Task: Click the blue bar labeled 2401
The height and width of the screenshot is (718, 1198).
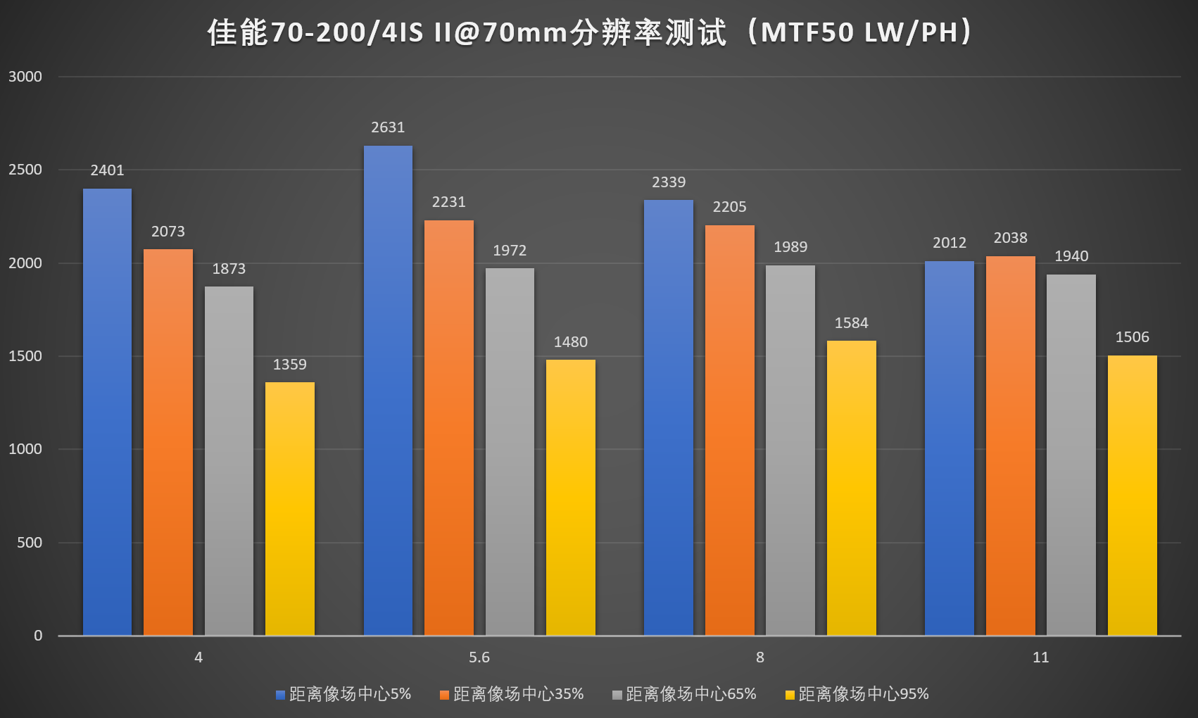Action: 107,412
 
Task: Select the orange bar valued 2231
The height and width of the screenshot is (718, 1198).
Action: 449,428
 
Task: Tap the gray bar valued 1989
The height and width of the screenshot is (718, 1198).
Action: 790,451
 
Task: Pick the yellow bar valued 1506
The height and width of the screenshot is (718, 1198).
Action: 1132,496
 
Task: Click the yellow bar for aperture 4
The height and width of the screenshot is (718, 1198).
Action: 290,509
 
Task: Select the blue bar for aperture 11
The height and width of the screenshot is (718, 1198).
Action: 950,448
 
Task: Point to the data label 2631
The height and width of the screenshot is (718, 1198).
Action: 388,127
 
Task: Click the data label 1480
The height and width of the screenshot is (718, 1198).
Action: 570,342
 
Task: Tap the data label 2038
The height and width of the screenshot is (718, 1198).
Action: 1010,238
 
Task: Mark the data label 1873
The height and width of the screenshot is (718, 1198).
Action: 229,269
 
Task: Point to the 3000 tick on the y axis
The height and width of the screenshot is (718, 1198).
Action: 25,77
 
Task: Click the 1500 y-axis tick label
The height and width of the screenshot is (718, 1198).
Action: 25,356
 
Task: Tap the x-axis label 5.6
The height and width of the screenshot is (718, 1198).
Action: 479,657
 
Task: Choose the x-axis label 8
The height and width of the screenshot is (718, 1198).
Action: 759,657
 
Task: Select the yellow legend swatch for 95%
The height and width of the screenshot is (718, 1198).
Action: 790,695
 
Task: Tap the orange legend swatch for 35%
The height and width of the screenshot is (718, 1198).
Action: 444,695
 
